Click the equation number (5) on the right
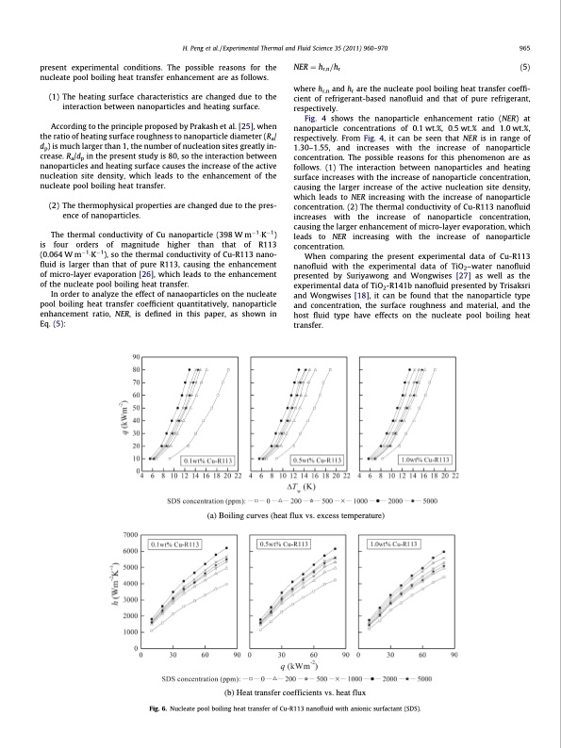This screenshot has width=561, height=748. tap(524, 68)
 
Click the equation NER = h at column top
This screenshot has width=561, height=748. tap(321, 68)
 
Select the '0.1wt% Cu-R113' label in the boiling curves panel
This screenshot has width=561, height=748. tap(207, 460)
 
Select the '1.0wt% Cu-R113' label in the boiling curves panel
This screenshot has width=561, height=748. tap(425, 460)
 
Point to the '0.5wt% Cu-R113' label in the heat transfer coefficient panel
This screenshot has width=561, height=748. tap(287, 544)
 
